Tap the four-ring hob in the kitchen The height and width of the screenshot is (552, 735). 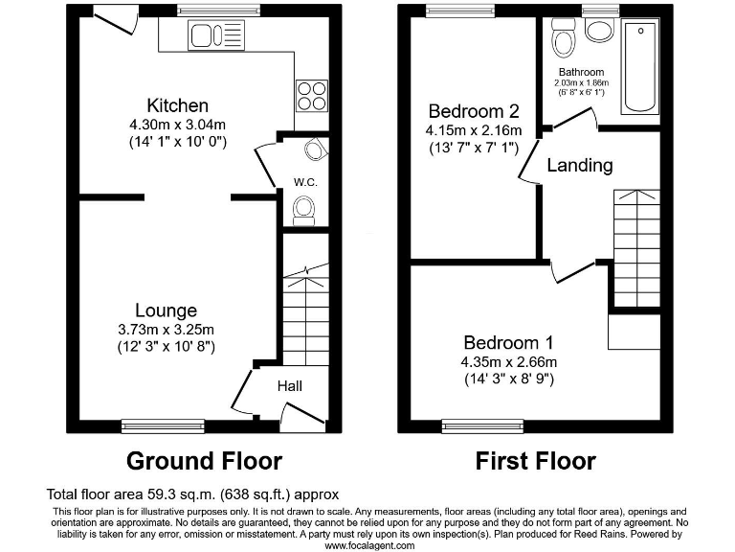click(x=311, y=97)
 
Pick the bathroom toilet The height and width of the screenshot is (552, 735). click(x=562, y=40)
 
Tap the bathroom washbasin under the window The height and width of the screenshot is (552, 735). click(x=600, y=31)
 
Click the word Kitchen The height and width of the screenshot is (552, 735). click(x=177, y=105)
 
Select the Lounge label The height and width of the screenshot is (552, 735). click(x=166, y=310)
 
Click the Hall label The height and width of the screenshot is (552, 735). click(x=290, y=386)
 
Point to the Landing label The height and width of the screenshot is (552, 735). click(x=579, y=165)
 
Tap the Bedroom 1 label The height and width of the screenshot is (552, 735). click(x=509, y=342)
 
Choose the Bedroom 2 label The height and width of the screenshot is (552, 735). click(x=474, y=110)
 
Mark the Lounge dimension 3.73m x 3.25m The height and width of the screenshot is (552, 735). click(x=167, y=329)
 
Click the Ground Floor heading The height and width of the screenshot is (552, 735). click(x=204, y=461)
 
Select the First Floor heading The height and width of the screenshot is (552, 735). click(x=535, y=461)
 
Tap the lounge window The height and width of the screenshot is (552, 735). click(x=163, y=424)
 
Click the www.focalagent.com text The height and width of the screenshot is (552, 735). click(x=369, y=544)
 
